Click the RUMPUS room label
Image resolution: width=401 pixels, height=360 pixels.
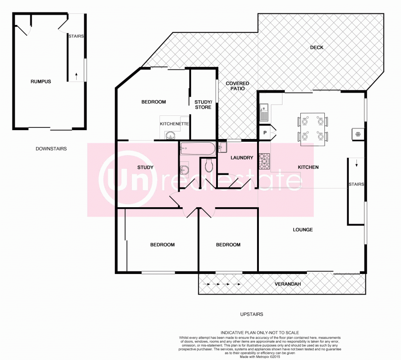point(41,82)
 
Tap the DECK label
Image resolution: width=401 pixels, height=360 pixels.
point(317,48)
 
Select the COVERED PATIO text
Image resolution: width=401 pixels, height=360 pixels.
point(237,86)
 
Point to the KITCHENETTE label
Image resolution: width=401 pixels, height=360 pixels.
point(175,123)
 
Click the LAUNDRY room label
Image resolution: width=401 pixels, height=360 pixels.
point(241,158)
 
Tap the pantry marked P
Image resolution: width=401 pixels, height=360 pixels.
point(265,133)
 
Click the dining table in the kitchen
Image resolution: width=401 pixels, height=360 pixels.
point(313,129)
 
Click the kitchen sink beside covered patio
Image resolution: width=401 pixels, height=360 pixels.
point(263,113)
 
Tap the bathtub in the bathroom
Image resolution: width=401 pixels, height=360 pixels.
point(197,148)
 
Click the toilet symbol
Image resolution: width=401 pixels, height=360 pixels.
point(209,166)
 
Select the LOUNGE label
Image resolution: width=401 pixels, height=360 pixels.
point(303,230)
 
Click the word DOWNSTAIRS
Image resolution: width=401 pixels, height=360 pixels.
point(51,148)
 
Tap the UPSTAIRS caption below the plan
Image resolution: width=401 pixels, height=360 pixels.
point(251,314)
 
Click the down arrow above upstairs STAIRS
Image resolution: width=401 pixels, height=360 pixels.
point(356,164)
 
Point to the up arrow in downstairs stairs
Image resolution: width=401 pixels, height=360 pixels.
point(76,76)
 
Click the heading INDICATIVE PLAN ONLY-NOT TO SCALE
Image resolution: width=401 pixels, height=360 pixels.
point(259,332)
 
